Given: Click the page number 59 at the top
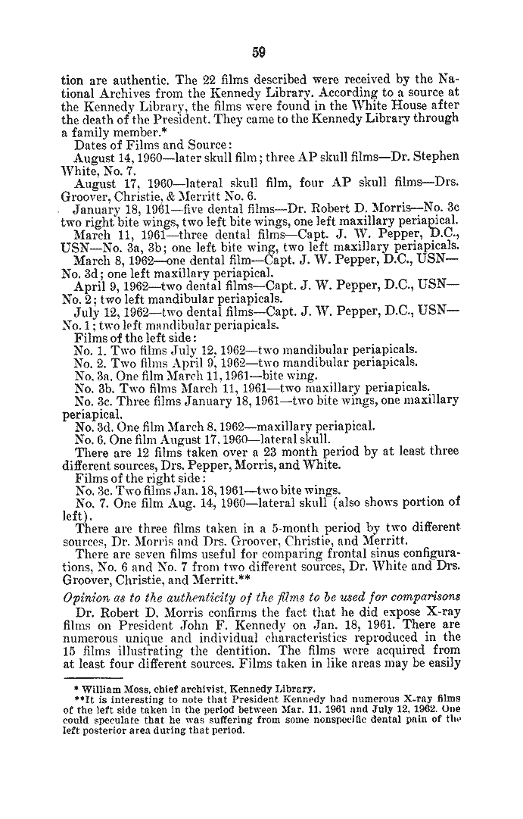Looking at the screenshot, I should click(258, 52).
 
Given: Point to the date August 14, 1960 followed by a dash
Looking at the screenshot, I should click(124, 156).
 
